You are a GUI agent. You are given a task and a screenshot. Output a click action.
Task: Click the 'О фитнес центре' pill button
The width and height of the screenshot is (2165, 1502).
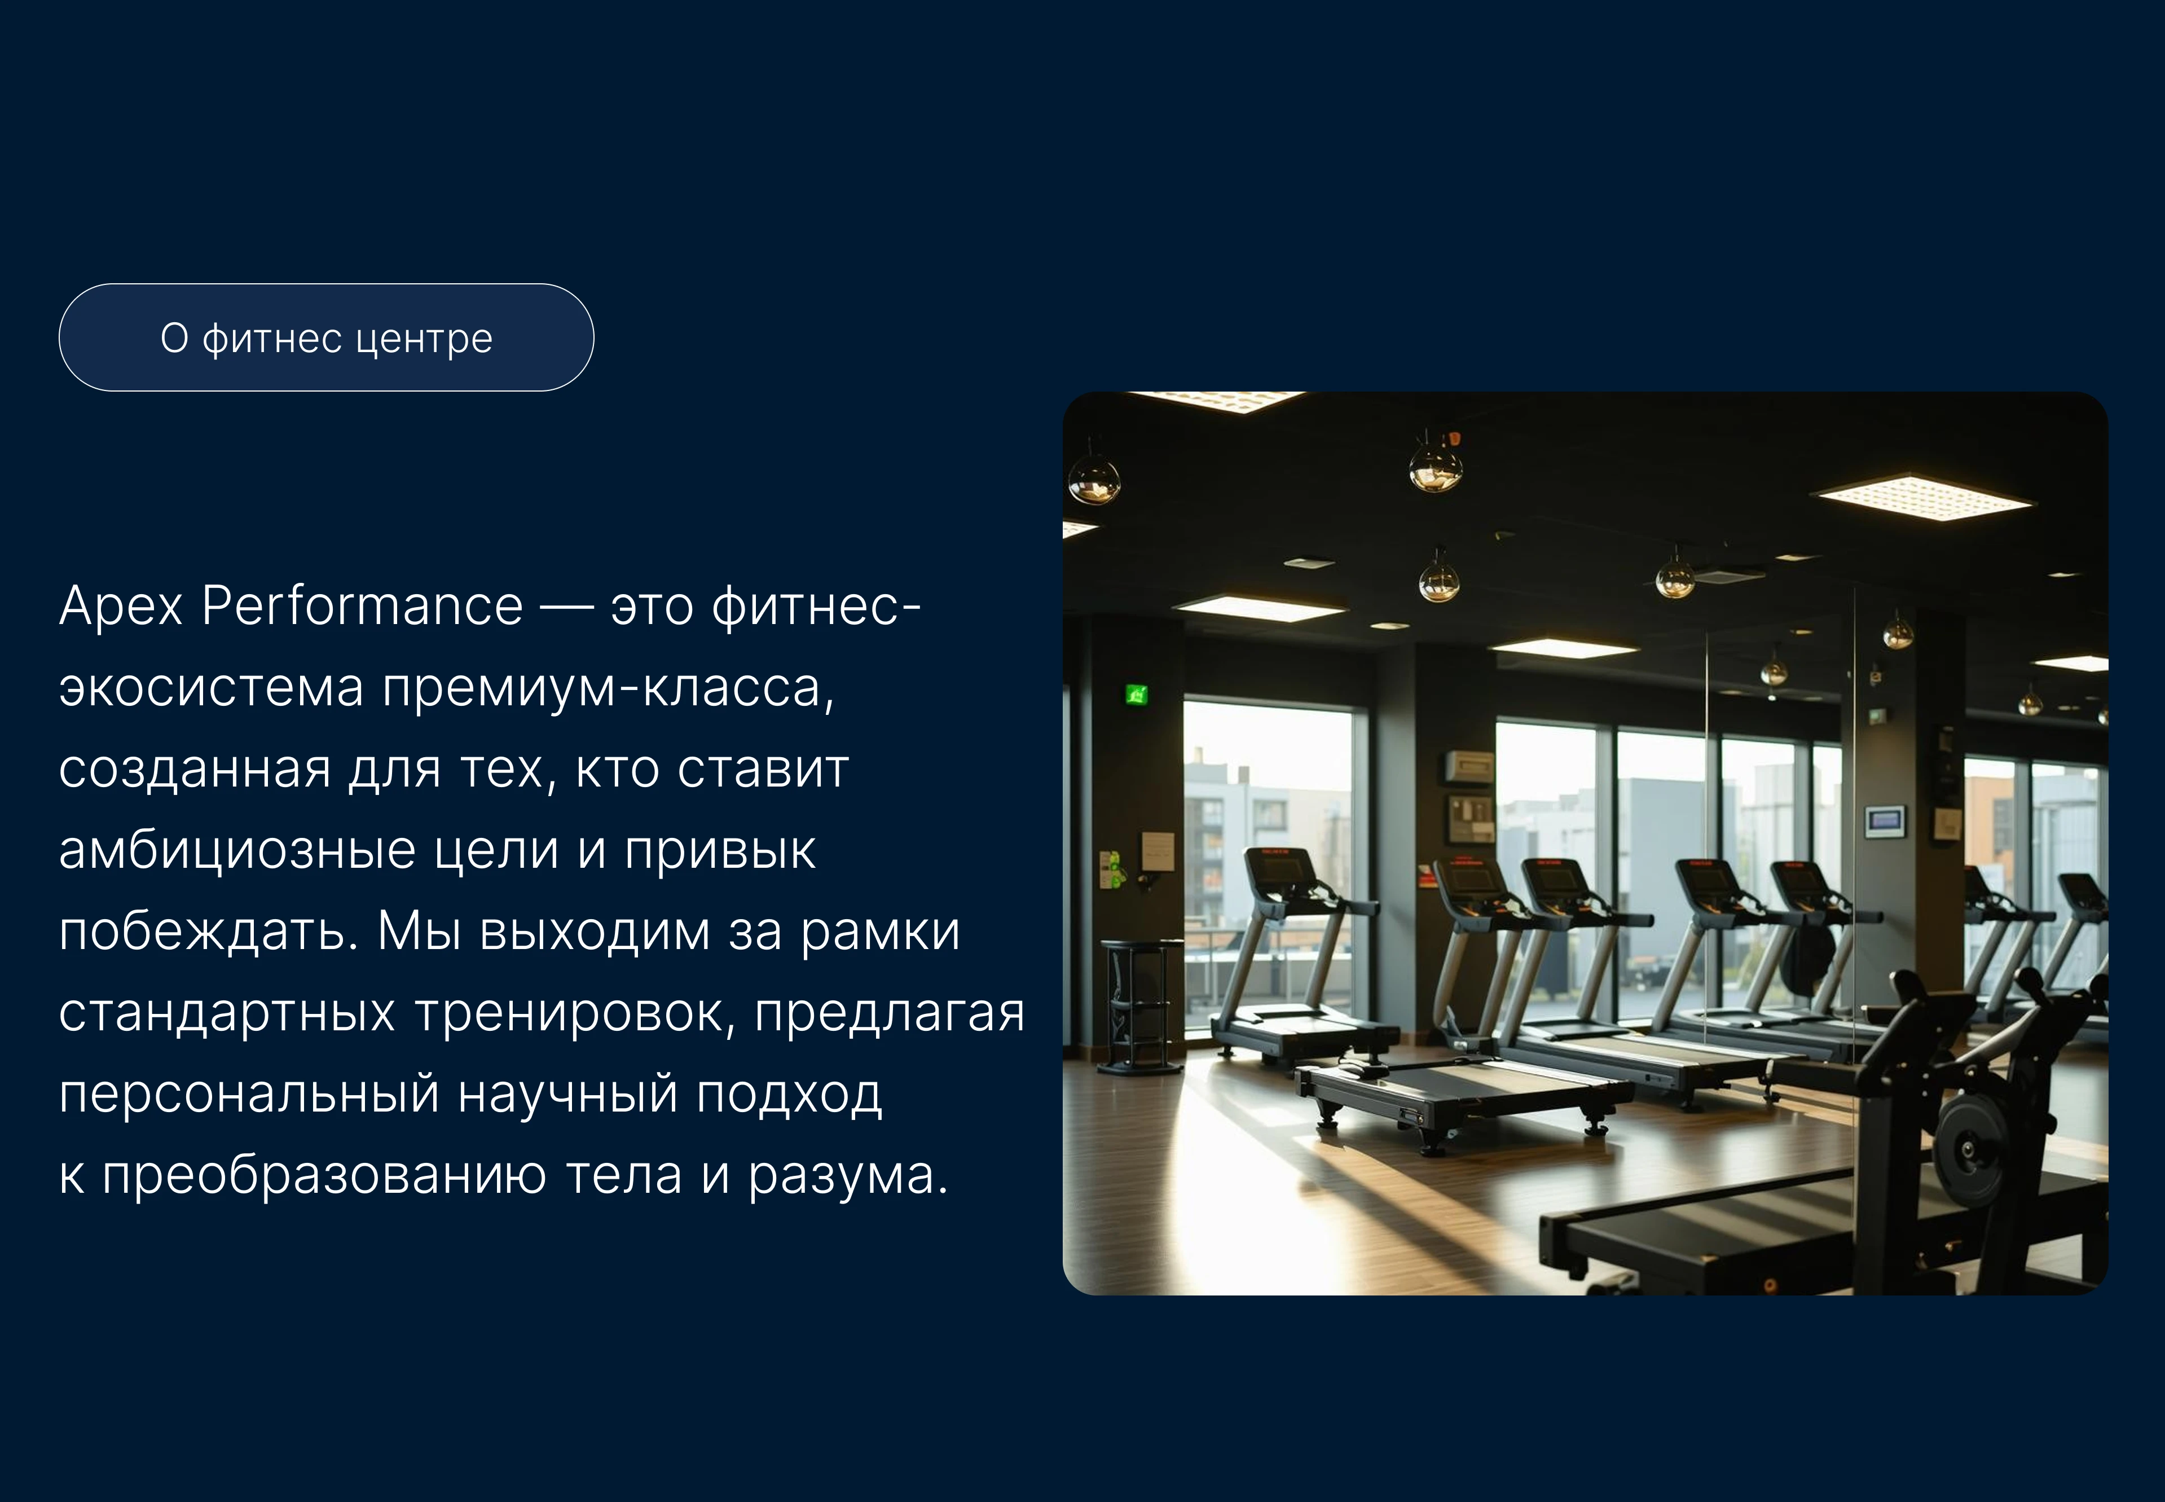[x=325, y=338]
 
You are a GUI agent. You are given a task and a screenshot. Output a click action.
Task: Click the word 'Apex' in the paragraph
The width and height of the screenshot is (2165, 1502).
[x=121, y=606]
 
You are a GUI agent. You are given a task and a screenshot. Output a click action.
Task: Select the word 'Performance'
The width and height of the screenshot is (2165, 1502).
[x=362, y=606]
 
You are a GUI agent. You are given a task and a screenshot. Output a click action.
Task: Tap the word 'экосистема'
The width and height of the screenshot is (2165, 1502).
[x=211, y=688]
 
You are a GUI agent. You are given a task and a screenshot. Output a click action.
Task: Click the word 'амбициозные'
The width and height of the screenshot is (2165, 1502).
[x=237, y=851]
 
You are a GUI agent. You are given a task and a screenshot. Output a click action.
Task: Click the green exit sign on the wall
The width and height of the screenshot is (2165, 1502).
[x=1137, y=696]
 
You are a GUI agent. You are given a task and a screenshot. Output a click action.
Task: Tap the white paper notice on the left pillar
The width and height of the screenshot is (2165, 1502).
[x=1158, y=851]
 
